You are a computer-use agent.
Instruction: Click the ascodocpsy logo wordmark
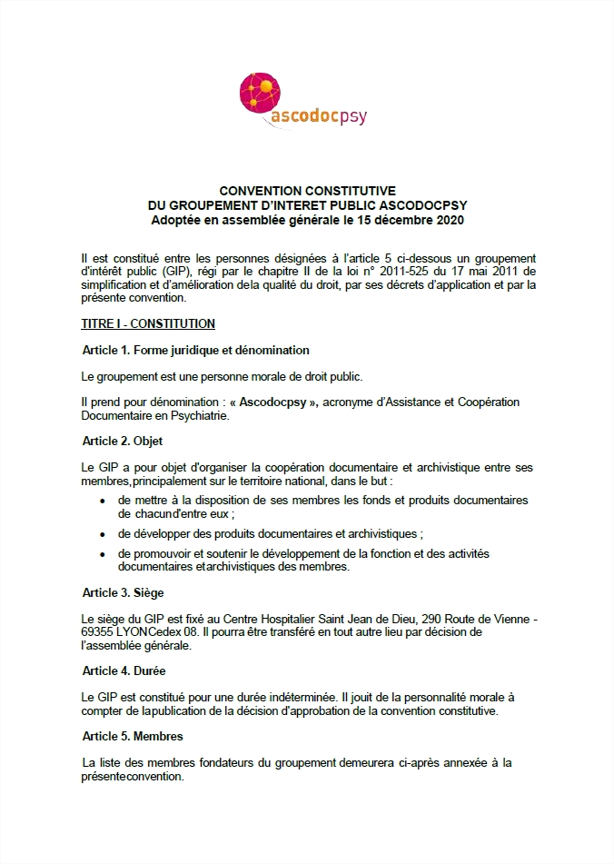point(318,117)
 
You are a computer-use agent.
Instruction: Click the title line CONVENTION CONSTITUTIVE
point(307,191)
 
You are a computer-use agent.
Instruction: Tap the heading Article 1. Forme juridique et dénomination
point(195,350)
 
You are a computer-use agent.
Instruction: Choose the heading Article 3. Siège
point(124,593)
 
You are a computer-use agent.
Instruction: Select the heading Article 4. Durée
point(124,671)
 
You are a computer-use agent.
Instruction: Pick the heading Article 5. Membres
point(133,736)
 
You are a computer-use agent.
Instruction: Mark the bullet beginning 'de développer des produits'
point(271,533)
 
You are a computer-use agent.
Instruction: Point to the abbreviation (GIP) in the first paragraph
point(173,272)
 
